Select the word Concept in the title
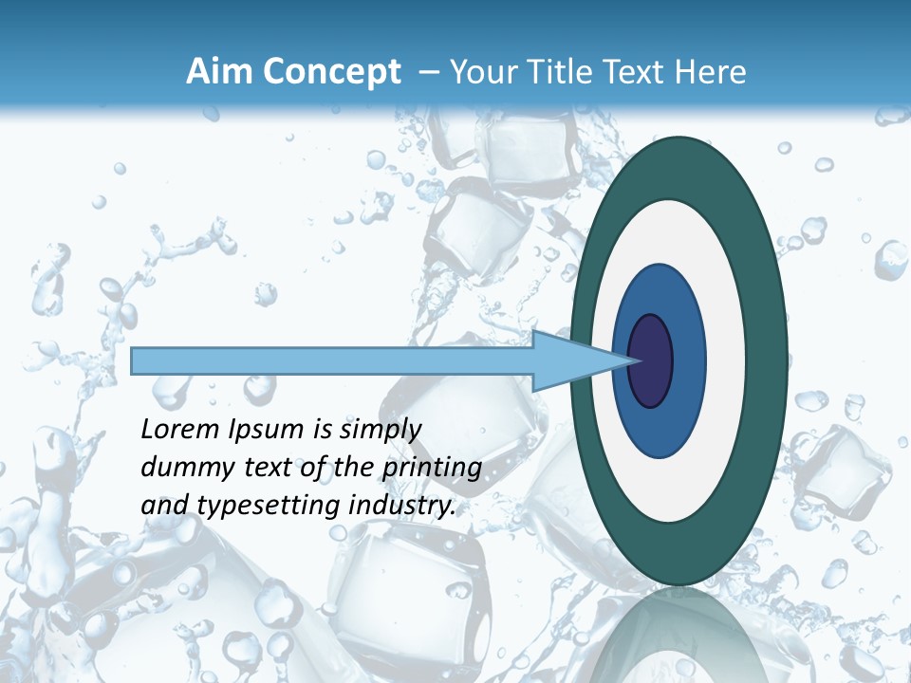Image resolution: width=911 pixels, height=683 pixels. (332, 72)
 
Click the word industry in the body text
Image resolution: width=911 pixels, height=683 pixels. (402, 507)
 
